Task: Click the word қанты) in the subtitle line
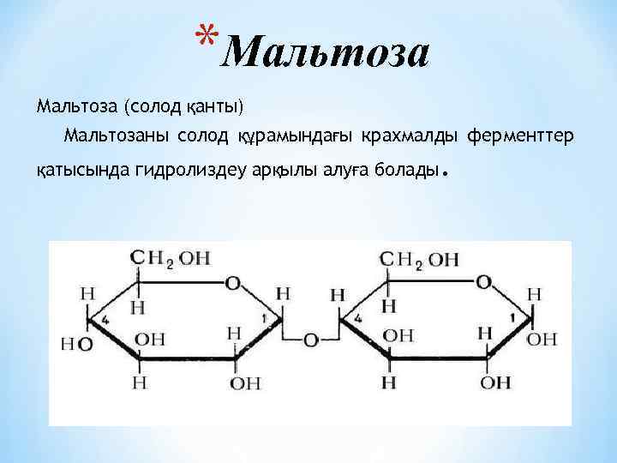214,107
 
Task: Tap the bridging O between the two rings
310,340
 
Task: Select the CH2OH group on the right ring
420,258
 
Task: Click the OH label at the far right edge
542,340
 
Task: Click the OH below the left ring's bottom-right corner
245,382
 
